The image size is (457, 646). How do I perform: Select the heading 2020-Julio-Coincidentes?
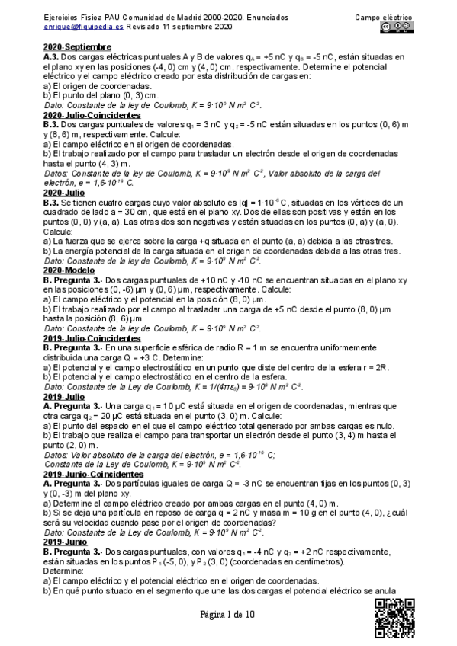[x=89, y=114]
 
